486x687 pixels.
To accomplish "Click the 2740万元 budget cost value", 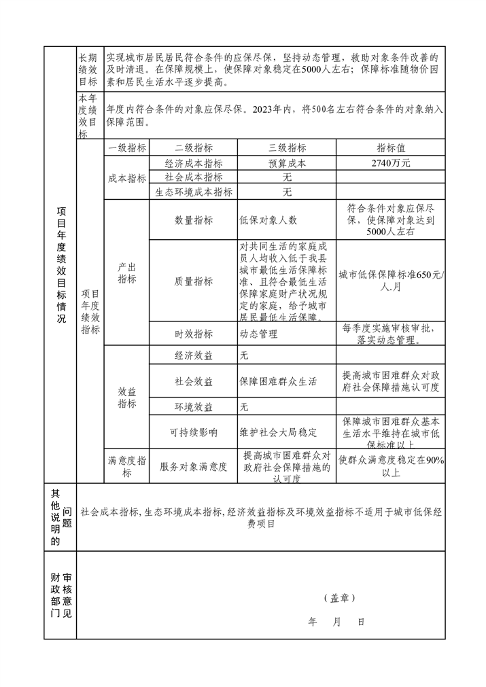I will pyautogui.click(x=391, y=163).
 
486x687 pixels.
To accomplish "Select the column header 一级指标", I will pyautogui.click(x=127, y=148).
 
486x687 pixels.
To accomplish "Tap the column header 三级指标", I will pyautogui.click(x=287, y=148).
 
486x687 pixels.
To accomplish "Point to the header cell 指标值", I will pyautogui.click(x=391, y=148).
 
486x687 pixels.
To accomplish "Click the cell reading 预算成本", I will pyautogui.click(x=287, y=163).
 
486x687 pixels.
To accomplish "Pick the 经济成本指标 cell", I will pyautogui.click(x=194, y=163).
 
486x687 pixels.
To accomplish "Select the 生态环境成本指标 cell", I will pyautogui.click(x=194, y=192).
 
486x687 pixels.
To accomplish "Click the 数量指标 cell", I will pyautogui.click(x=194, y=220).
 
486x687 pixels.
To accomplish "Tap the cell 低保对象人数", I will pyautogui.click(x=268, y=220).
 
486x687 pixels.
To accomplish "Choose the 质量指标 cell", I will pyautogui.click(x=194, y=281).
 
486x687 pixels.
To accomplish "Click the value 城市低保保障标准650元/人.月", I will pyautogui.click(x=391, y=281).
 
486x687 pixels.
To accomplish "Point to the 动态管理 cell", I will pyautogui.click(x=258, y=334).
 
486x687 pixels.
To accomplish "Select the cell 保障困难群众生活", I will pyautogui.click(x=279, y=381).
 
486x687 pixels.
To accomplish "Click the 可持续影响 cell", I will pyautogui.click(x=194, y=432).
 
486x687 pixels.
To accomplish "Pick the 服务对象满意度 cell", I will pyautogui.click(x=194, y=467).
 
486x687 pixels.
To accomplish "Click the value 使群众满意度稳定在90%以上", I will pyautogui.click(x=391, y=467).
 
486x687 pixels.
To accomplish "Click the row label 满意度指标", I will pyautogui.click(x=127, y=467).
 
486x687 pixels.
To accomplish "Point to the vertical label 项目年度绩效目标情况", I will pyautogui.click(x=60, y=265).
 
